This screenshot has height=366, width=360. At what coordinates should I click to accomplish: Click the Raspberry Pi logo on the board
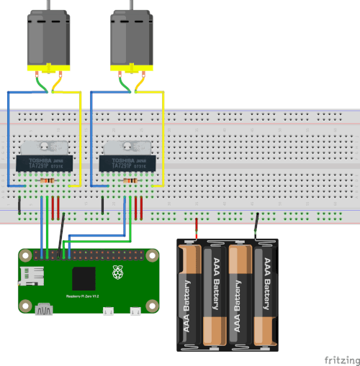(x=117, y=273)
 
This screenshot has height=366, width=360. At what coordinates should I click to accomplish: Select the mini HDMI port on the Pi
(x=44, y=310)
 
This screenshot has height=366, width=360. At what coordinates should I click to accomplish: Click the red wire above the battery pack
(x=197, y=228)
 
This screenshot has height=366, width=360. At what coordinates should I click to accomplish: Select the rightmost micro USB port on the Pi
(x=135, y=311)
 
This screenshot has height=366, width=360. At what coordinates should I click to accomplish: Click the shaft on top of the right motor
(x=131, y=4)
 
